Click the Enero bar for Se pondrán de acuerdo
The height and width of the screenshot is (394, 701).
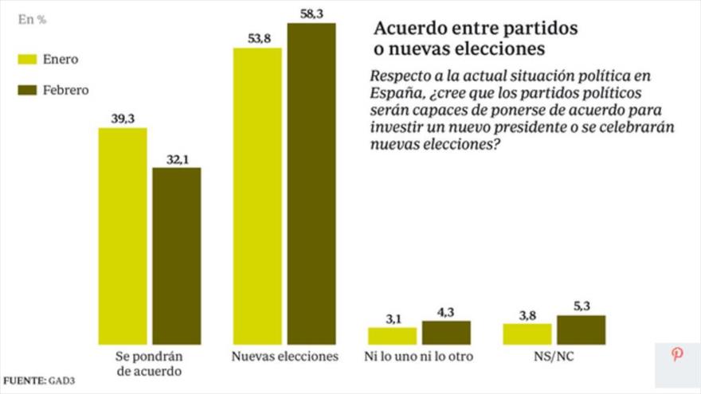coord(122,236)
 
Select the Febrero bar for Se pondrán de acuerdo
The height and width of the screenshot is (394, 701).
coord(176,256)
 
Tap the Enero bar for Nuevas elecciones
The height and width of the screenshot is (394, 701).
coord(257,196)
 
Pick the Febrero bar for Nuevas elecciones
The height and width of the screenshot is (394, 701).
coord(311,184)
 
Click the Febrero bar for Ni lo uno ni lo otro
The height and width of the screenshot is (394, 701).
coord(446,333)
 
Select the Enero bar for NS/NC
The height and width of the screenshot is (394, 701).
coord(527,334)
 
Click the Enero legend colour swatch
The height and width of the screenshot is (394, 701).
coord(27,59)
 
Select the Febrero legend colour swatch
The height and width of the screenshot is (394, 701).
coord(27,90)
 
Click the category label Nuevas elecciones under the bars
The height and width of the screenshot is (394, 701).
coord(285,357)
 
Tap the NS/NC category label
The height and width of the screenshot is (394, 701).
coord(554,357)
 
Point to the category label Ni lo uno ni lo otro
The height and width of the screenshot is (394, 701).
coord(418,357)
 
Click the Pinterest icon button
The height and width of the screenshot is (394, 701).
coord(677,355)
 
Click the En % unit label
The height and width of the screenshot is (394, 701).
coord(32,20)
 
